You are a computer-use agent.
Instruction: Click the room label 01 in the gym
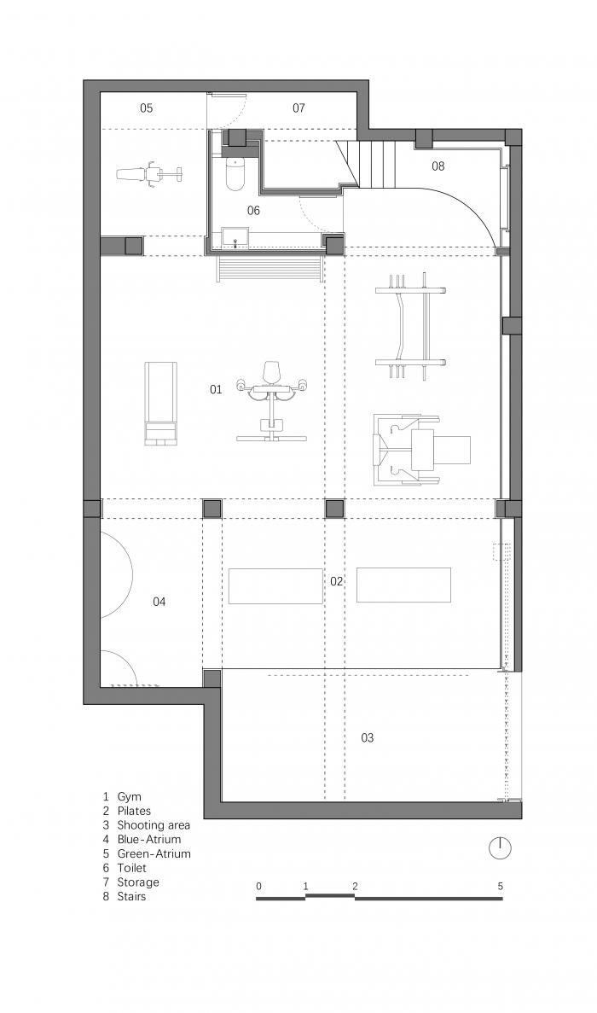pyautogui.click(x=216, y=389)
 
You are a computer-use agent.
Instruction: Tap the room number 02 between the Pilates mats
pyautogui.click(x=337, y=581)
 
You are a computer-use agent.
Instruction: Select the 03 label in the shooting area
pyautogui.click(x=367, y=737)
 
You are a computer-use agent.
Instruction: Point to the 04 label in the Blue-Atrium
pyautogui.click(x=159, y=602)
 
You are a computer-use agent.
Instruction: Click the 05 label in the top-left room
pyautogui.click(x=146, y=108)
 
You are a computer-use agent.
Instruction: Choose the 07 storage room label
pyautogui.click(x=298, y=108)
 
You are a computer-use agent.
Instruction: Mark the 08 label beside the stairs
pyautogui.click(x=438, y=166)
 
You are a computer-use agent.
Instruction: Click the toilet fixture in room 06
pyautogui.click(x=235, y=175)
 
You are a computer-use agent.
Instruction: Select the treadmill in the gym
pyautogui.click(x=160, y=402)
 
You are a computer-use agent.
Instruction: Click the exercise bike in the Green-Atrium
pyautogui.click(x=148, y=174)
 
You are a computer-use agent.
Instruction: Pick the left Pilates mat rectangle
pyautogui.click(x=275, y=586)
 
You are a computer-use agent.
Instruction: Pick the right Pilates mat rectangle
pyautogui.click(x=403, y=585)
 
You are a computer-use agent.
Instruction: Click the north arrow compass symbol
pyautogui.click(x=500, y=847)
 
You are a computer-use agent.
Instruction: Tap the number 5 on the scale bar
pyautogui.click(x=501, y=886)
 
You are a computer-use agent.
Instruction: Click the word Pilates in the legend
pyautogui.click(x=134, y=811)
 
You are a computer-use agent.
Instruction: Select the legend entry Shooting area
pyautogui.click(x=154, y=825)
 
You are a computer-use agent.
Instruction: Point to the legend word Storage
pyautogui.click(x=138, y=882)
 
